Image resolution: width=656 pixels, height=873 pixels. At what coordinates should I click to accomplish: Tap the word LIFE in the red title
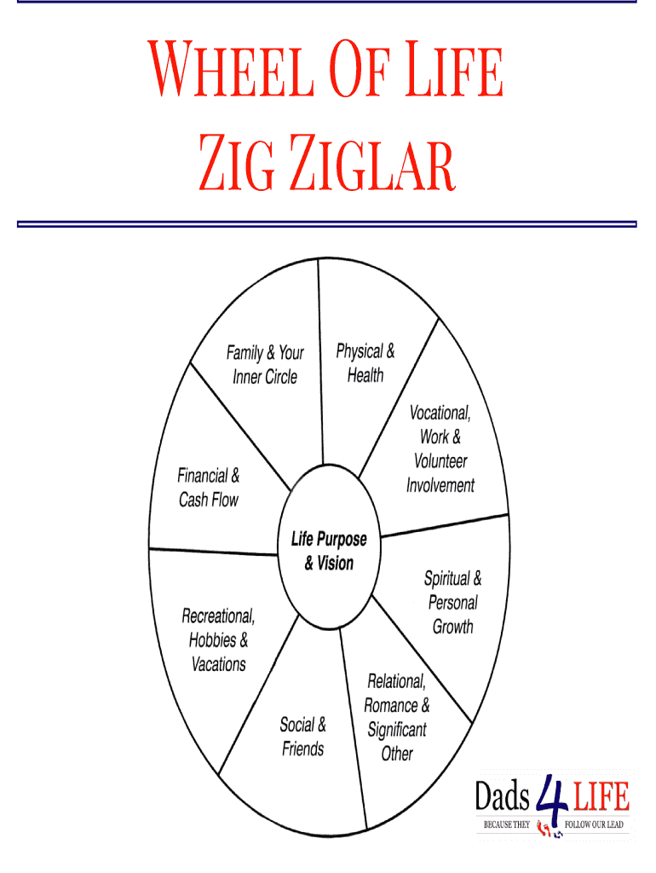[x=454, y=69]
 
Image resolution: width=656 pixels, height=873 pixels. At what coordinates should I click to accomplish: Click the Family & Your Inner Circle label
[x=265, y=365]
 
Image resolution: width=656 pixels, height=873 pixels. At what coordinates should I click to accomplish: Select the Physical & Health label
[x=365, y=363]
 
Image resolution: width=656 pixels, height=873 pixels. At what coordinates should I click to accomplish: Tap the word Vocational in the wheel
[x=440, y=413]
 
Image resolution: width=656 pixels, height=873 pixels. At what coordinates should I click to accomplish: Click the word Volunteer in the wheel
[x=440, y=461]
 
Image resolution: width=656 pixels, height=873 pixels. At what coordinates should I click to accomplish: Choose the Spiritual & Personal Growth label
[x=453, y=603]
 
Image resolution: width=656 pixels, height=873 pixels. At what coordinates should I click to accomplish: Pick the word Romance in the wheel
[x=390, y=705]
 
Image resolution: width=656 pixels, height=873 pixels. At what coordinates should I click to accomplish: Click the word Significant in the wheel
[x=397, y=730]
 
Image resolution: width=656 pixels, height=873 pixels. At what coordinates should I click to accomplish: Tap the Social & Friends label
[x=302, y=737]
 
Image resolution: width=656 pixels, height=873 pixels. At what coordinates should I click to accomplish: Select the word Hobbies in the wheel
[x=212, y=640]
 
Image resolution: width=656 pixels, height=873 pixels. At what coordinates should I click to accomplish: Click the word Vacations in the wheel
[x=219, y=664]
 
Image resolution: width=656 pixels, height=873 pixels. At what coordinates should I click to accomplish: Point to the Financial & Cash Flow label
[x=209, y=488]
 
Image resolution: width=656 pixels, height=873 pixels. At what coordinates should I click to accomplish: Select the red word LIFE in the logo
[x=601, y=796]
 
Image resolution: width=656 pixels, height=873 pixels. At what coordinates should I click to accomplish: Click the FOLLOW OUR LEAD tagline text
[x=594, y=824]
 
